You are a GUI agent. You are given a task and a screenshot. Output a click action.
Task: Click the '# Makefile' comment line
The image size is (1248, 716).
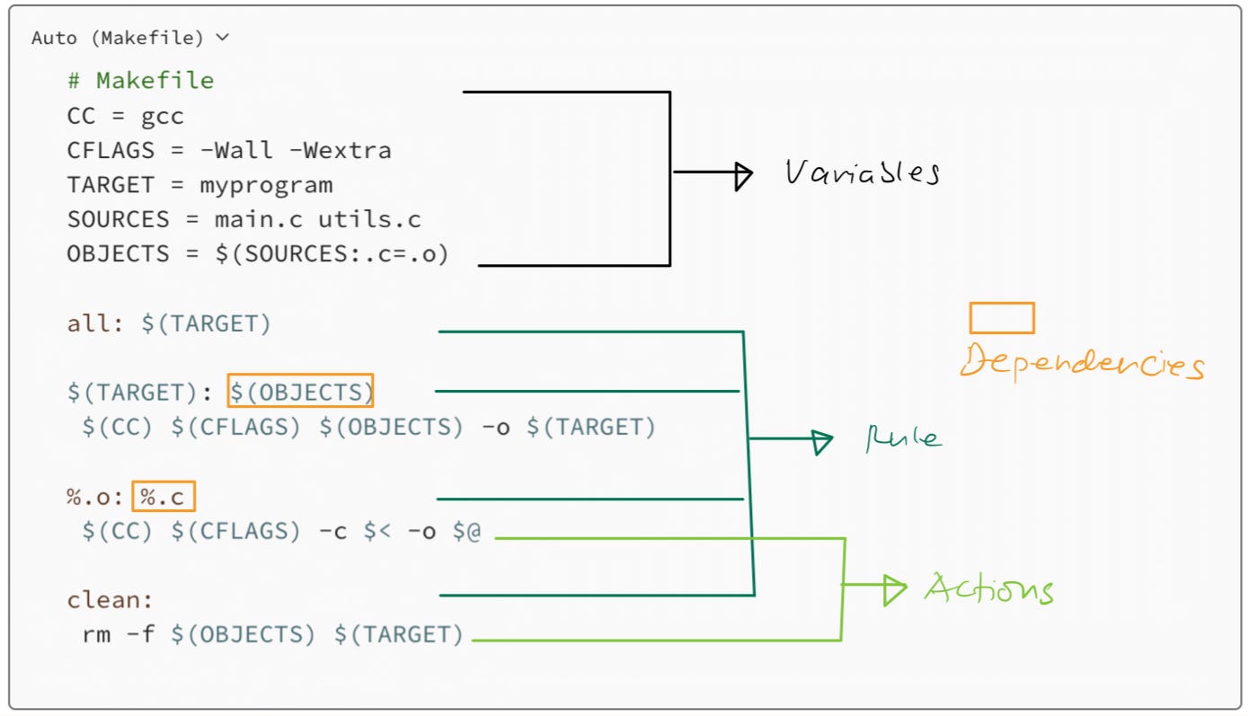click(x=140, y=81)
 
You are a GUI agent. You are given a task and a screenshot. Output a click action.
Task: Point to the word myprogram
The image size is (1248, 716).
click(x=266, y=185)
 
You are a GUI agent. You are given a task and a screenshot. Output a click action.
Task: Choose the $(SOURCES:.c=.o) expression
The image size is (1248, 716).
click(x=332, y=254)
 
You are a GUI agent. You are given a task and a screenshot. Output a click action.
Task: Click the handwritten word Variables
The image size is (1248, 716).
click(x=861, y=172)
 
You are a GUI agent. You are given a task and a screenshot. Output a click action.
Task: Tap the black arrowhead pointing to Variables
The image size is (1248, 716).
click(x=743, y=174)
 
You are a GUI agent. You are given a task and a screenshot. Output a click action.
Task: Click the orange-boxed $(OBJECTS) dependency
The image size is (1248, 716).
click(x=300, y=393)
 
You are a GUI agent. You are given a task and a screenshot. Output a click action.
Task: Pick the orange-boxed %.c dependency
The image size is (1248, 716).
click(x=164, y=497)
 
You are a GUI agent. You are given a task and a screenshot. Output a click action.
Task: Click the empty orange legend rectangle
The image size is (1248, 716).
click(x=1001, y=318)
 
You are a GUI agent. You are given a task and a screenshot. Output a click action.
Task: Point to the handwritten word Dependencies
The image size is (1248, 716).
click(x=1080, y=365)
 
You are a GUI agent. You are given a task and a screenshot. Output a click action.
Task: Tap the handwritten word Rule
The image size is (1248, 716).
click(x=902, y=439)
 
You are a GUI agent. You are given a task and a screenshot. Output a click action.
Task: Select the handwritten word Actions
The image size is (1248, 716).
click(x=987, y=590)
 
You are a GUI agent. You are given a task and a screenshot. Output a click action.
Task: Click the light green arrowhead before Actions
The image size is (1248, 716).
click(x=895, y=589)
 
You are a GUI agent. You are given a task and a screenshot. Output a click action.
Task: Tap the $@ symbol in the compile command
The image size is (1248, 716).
click(x=466, y=532)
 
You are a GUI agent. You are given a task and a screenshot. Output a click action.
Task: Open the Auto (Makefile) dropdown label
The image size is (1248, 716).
click(x=129, y=38)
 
